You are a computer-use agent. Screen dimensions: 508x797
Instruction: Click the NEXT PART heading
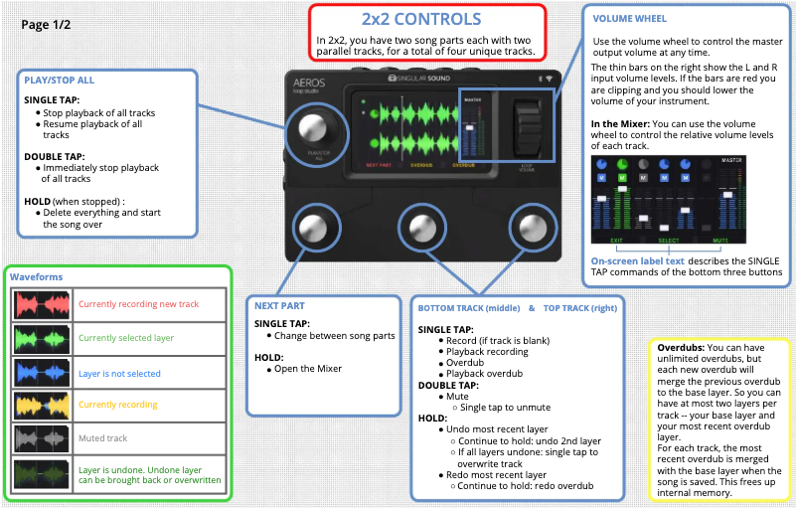pyautogui.click(x=279, y=306)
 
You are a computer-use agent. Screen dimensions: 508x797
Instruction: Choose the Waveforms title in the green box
pyautogui.click(x=36, y=277)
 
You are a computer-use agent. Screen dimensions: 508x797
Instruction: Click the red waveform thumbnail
pyautogui.click(x=41, y=305)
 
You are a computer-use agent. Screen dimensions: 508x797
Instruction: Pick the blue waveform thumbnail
pyautogui.click(x=41, y=373)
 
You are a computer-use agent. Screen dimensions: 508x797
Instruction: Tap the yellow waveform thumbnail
pyautogui.click(x=41, y=405)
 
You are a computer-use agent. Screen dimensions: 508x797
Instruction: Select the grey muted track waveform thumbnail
pyautogui.click(x=41, y=438)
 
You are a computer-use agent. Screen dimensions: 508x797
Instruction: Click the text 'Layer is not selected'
pyautogui.click(x=118, y=373)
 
